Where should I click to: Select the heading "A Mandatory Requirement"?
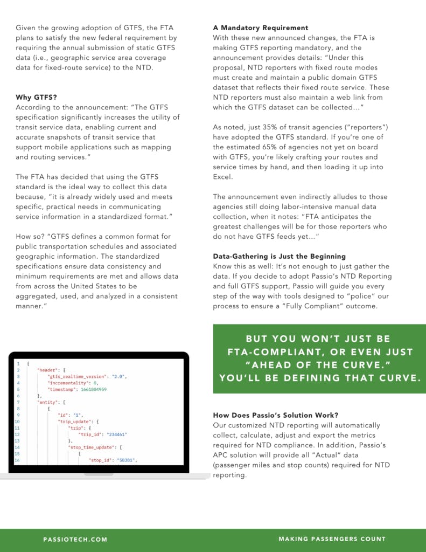pos(261,27)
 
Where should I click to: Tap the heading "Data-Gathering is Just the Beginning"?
pos(279,256)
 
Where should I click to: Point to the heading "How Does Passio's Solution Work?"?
pos(275,415)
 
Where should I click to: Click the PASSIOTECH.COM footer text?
pos(75,539)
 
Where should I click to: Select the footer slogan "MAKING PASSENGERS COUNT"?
pos(332,539)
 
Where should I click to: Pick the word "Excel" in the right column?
pos(223,177)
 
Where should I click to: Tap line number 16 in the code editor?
pos(17,460)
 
